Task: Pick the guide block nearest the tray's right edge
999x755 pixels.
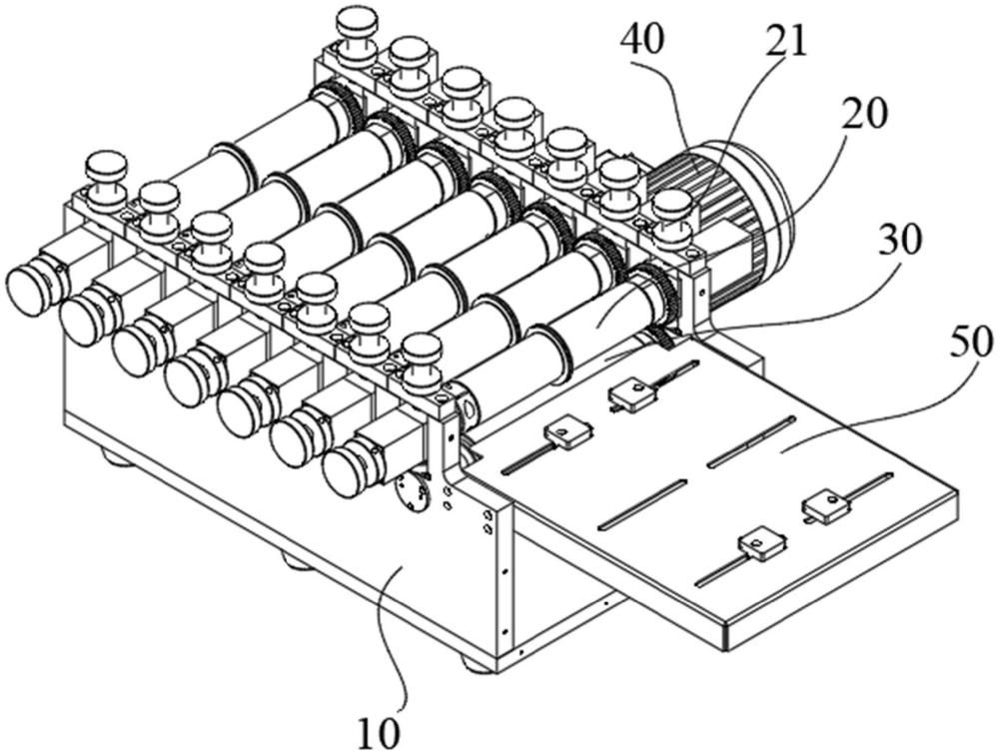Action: (829, 507)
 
